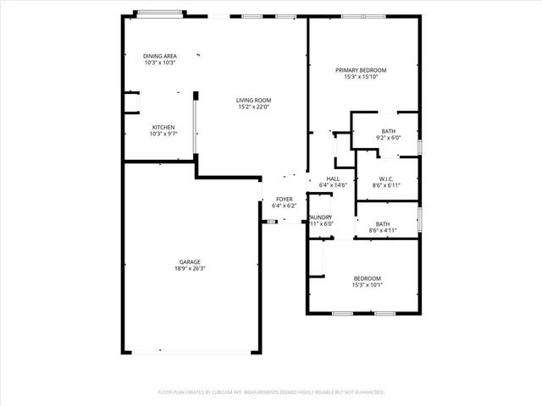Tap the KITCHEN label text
pos(163,128)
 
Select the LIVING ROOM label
pos(253,100)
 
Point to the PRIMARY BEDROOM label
pos(361,70)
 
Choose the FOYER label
pos(284,199)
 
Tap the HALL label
pos(334,179)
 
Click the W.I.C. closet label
pos(388,178)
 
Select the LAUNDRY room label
pos(320,217)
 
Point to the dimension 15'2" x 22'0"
pos(253,107)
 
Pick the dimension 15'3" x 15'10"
pos(361,77)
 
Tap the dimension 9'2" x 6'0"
pos(388,138)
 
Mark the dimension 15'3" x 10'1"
pos(367,285)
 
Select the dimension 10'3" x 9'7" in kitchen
pos(163,134)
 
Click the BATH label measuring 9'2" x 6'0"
pos(388,131)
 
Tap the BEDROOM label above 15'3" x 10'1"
pos(367,278)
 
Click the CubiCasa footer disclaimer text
pos(271,392)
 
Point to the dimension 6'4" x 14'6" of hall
pos(334,186)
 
